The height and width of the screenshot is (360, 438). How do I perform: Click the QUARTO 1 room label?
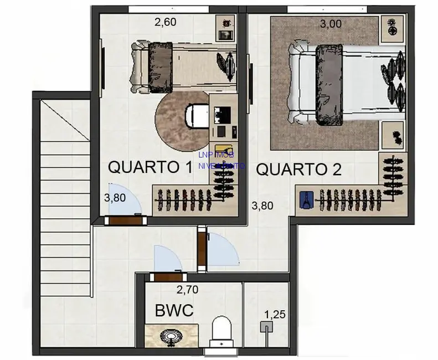(x=150, y=167)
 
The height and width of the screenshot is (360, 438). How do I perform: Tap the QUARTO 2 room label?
(x=298, y=169)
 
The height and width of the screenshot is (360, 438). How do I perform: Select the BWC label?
(x=174, y=311)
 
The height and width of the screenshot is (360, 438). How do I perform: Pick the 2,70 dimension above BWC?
(x=187, y=289)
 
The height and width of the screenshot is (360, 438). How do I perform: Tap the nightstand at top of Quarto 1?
(x=225, y=28)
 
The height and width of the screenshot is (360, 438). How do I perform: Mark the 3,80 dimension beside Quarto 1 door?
(x=114, y=197)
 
